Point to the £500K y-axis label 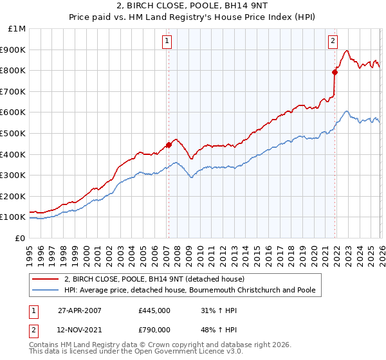14,133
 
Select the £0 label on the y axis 21,238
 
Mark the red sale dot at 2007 169,145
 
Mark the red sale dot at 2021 335,72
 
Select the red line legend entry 154,280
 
